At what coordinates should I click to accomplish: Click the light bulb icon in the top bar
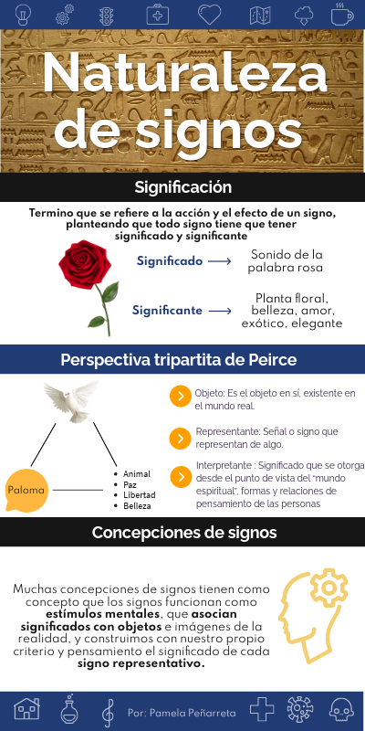click(22, 15)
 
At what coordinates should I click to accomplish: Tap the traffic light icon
click(107, 15)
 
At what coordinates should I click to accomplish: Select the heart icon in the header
click(209, 15)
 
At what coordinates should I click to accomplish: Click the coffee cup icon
click(342, 14)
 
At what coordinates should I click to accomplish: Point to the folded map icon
click(260, 15)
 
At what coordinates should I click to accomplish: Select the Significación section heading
click(183, 187)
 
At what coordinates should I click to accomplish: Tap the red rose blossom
click(85, 264)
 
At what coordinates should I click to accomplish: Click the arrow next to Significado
click(220, 261)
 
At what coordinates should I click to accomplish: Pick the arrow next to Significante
click(220, 311)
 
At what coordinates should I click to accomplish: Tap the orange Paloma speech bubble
click(26, 491)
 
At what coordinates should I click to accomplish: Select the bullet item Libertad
click(140, 494)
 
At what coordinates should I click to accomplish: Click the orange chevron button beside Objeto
click(180, 396)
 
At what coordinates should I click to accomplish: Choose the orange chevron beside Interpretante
click(181, 477)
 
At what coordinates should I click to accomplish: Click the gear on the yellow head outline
click(328, 588)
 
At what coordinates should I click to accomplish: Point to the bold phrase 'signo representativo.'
click(141, 663)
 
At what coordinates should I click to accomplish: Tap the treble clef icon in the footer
click(108, 713)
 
